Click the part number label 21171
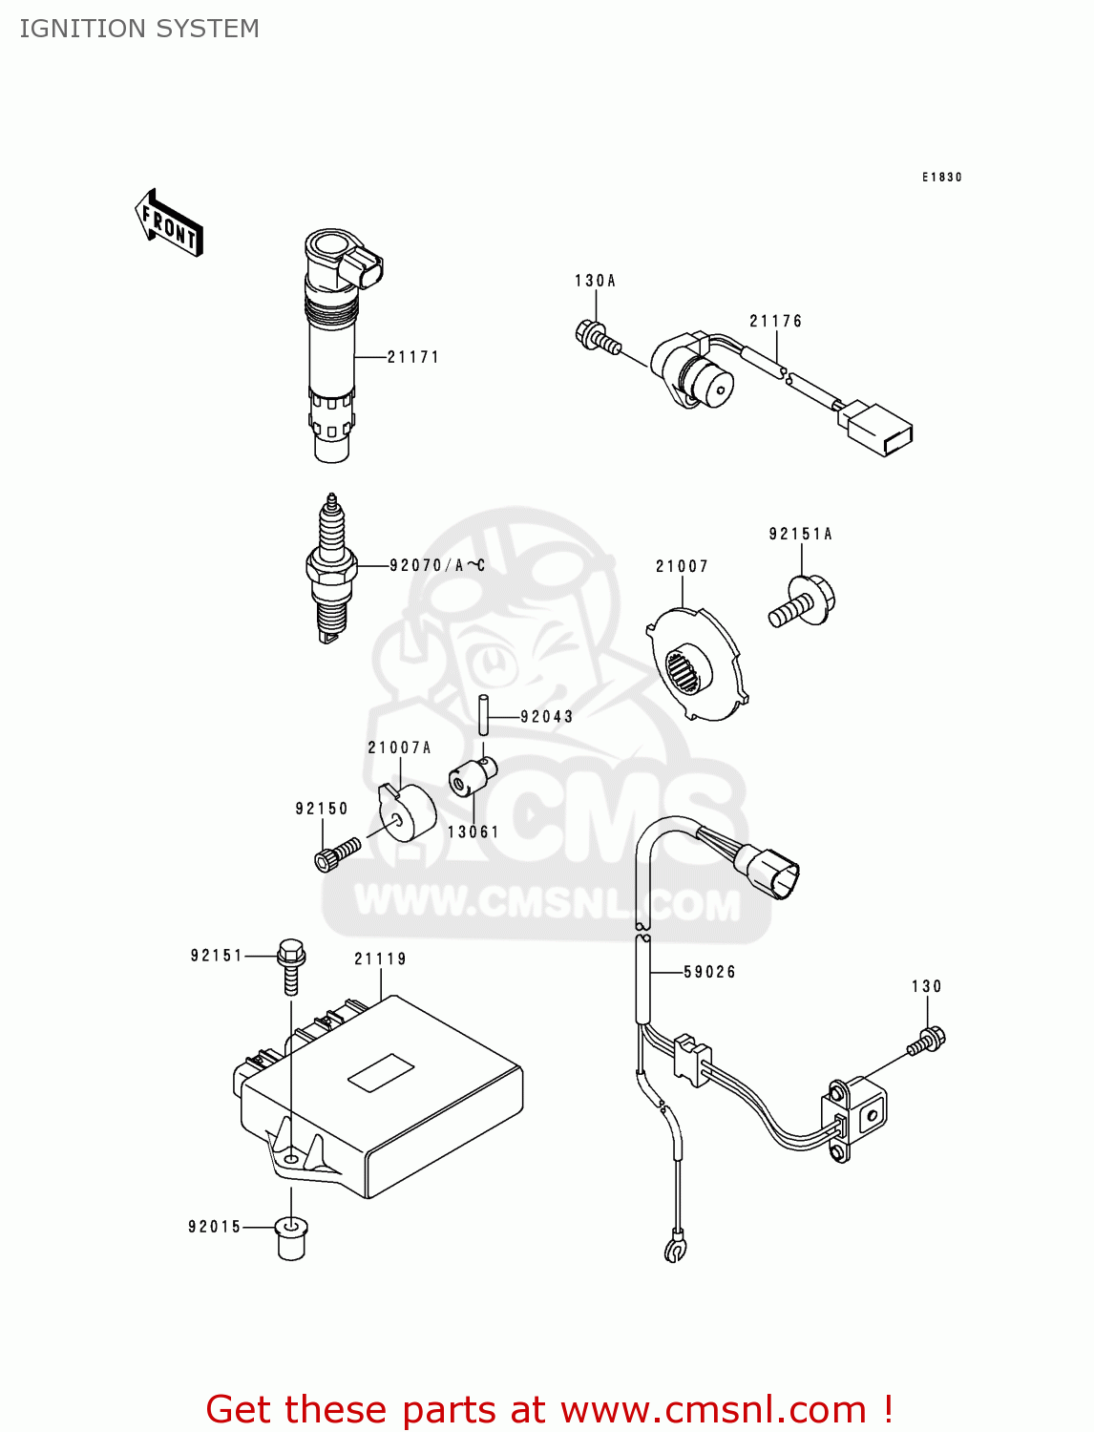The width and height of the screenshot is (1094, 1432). tap(412, 357)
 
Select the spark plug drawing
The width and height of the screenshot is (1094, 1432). tap(330, 569)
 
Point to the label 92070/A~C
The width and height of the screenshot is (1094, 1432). tap(437, 565)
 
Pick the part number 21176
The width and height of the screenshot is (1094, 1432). tap(775, 322)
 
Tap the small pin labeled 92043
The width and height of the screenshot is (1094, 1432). tap(484, 714)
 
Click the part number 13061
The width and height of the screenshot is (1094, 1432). tap(473, 832)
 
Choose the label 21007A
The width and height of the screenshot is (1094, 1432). tap(399, 748)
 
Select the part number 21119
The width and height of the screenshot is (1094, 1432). tap(380, 958)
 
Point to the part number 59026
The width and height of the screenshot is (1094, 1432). tap(709, 972)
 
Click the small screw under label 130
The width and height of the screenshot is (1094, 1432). tap(926, 1041)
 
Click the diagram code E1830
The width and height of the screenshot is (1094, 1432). tap(941, 177)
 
